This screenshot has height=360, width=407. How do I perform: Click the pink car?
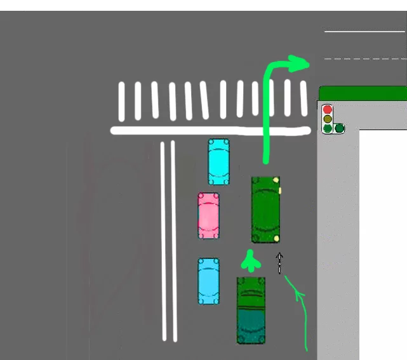point(208,216)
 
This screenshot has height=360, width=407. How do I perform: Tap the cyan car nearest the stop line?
point(218,161)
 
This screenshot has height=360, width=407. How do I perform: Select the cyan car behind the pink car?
point(208,281)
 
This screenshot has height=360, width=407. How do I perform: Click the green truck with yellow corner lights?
point(265,210)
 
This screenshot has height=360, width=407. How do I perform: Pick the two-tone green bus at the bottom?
point(251,310)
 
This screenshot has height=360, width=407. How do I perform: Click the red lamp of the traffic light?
point(328,109)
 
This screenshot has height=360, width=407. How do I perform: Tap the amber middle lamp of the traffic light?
point(328,119)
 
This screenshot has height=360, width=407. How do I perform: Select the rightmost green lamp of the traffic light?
point(340,128)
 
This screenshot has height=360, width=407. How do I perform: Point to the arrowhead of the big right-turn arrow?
point(300,62)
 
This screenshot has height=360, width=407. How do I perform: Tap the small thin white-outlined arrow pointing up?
point(279,263)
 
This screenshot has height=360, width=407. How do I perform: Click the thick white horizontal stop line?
point(210,131)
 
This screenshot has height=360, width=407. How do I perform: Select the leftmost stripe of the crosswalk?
point(121,100)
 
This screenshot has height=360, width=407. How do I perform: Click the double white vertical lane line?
point(168,241)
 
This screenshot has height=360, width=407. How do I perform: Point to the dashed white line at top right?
point(364,58)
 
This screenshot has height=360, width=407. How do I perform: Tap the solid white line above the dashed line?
point(364,30)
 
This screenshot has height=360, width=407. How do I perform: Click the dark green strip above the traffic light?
point(362,93)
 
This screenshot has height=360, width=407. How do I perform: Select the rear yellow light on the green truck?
point(277,238)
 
